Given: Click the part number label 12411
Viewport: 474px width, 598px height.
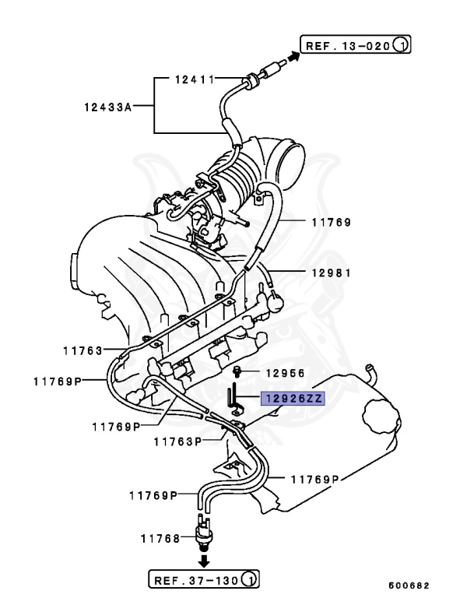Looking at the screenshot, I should (x=194, y=79).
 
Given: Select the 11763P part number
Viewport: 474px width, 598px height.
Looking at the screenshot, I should (x=177, y=441).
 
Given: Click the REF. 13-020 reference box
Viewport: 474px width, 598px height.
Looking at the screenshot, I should (x=355, y=45).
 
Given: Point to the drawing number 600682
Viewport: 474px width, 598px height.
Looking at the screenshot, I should (x=409, y=585).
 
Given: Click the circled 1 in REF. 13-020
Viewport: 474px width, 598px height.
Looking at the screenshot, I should (x=400, y=45).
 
